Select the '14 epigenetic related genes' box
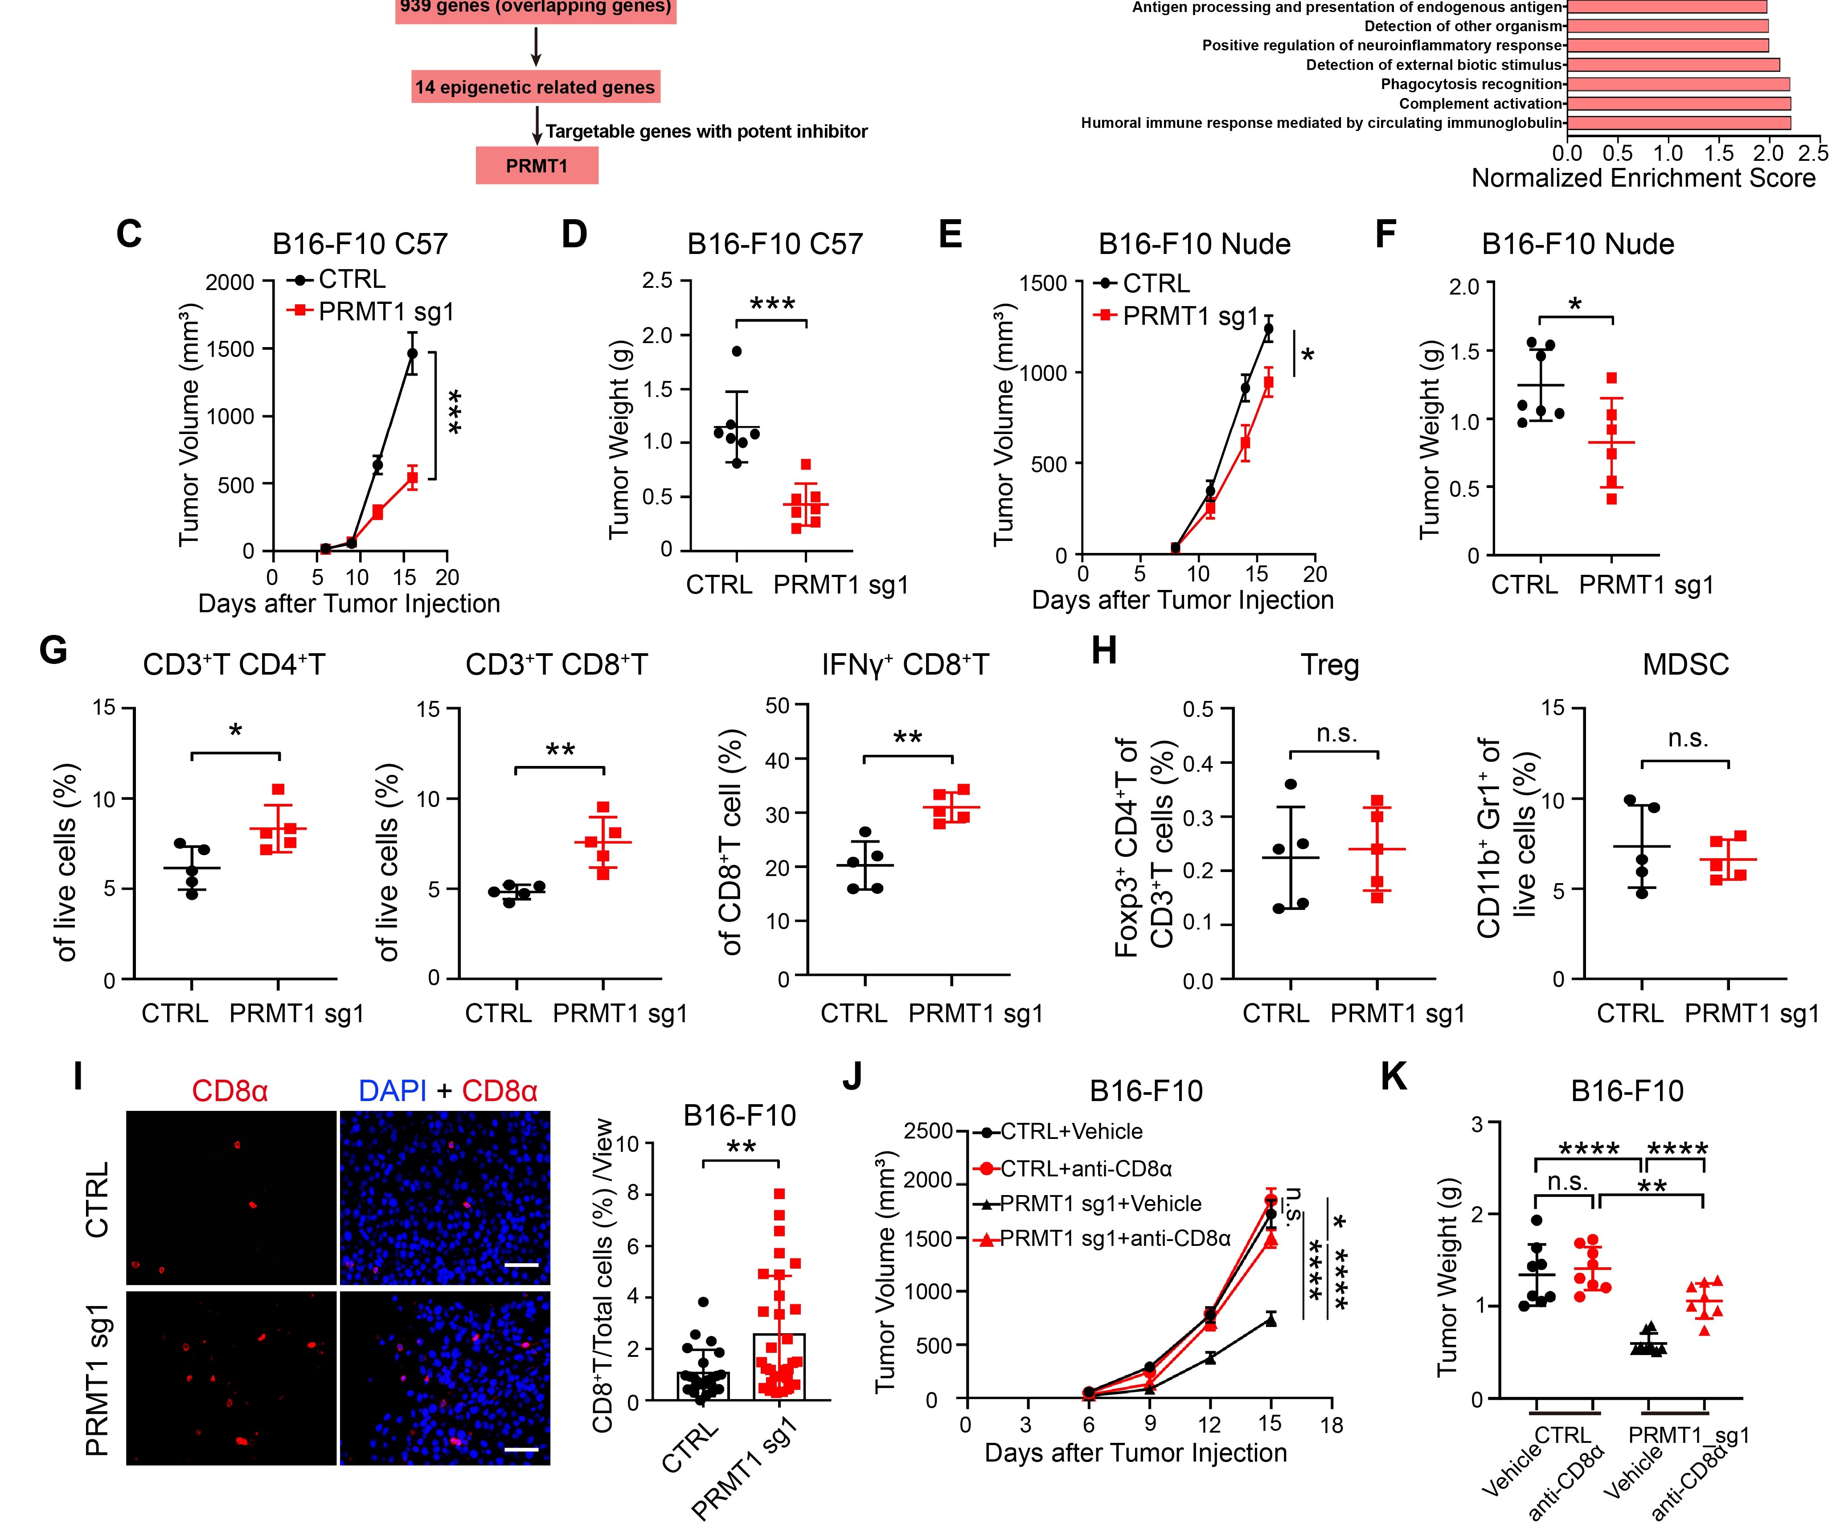click(535, 87)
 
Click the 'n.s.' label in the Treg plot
click(1336, 734)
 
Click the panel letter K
click(1393, 1078)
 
